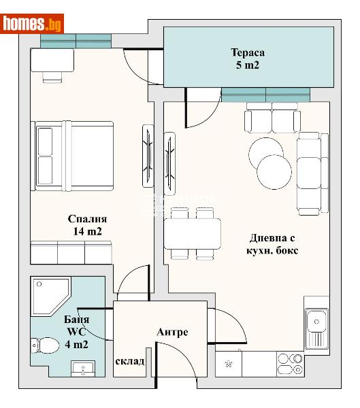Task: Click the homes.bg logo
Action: [33, 24]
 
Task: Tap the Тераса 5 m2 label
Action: [247, 59]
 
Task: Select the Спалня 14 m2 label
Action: [87, 225]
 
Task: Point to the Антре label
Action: [172, 332]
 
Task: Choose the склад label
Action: [129, 360]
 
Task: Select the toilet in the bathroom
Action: [48, 346]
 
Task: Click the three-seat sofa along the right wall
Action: [310, 173]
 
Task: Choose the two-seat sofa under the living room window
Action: [272, 121]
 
